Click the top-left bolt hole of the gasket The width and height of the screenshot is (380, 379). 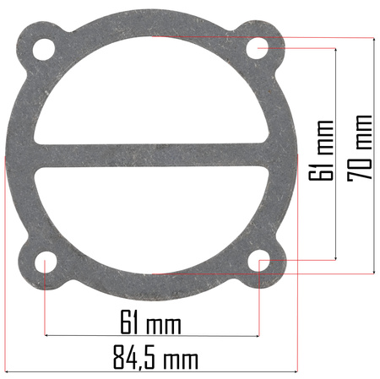(44, 49)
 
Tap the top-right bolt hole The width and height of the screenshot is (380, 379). (258, 48)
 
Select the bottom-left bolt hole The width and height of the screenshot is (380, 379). (46, 262)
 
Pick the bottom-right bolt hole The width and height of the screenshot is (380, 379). (258, 261)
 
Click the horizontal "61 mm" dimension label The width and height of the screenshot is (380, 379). (150, 322)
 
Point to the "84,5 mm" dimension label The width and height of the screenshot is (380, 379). (155, 357)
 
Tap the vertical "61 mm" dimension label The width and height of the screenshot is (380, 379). (321, 150)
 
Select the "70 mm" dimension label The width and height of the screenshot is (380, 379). (360, 148)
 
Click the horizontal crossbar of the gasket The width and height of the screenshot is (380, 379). (152, 155)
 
